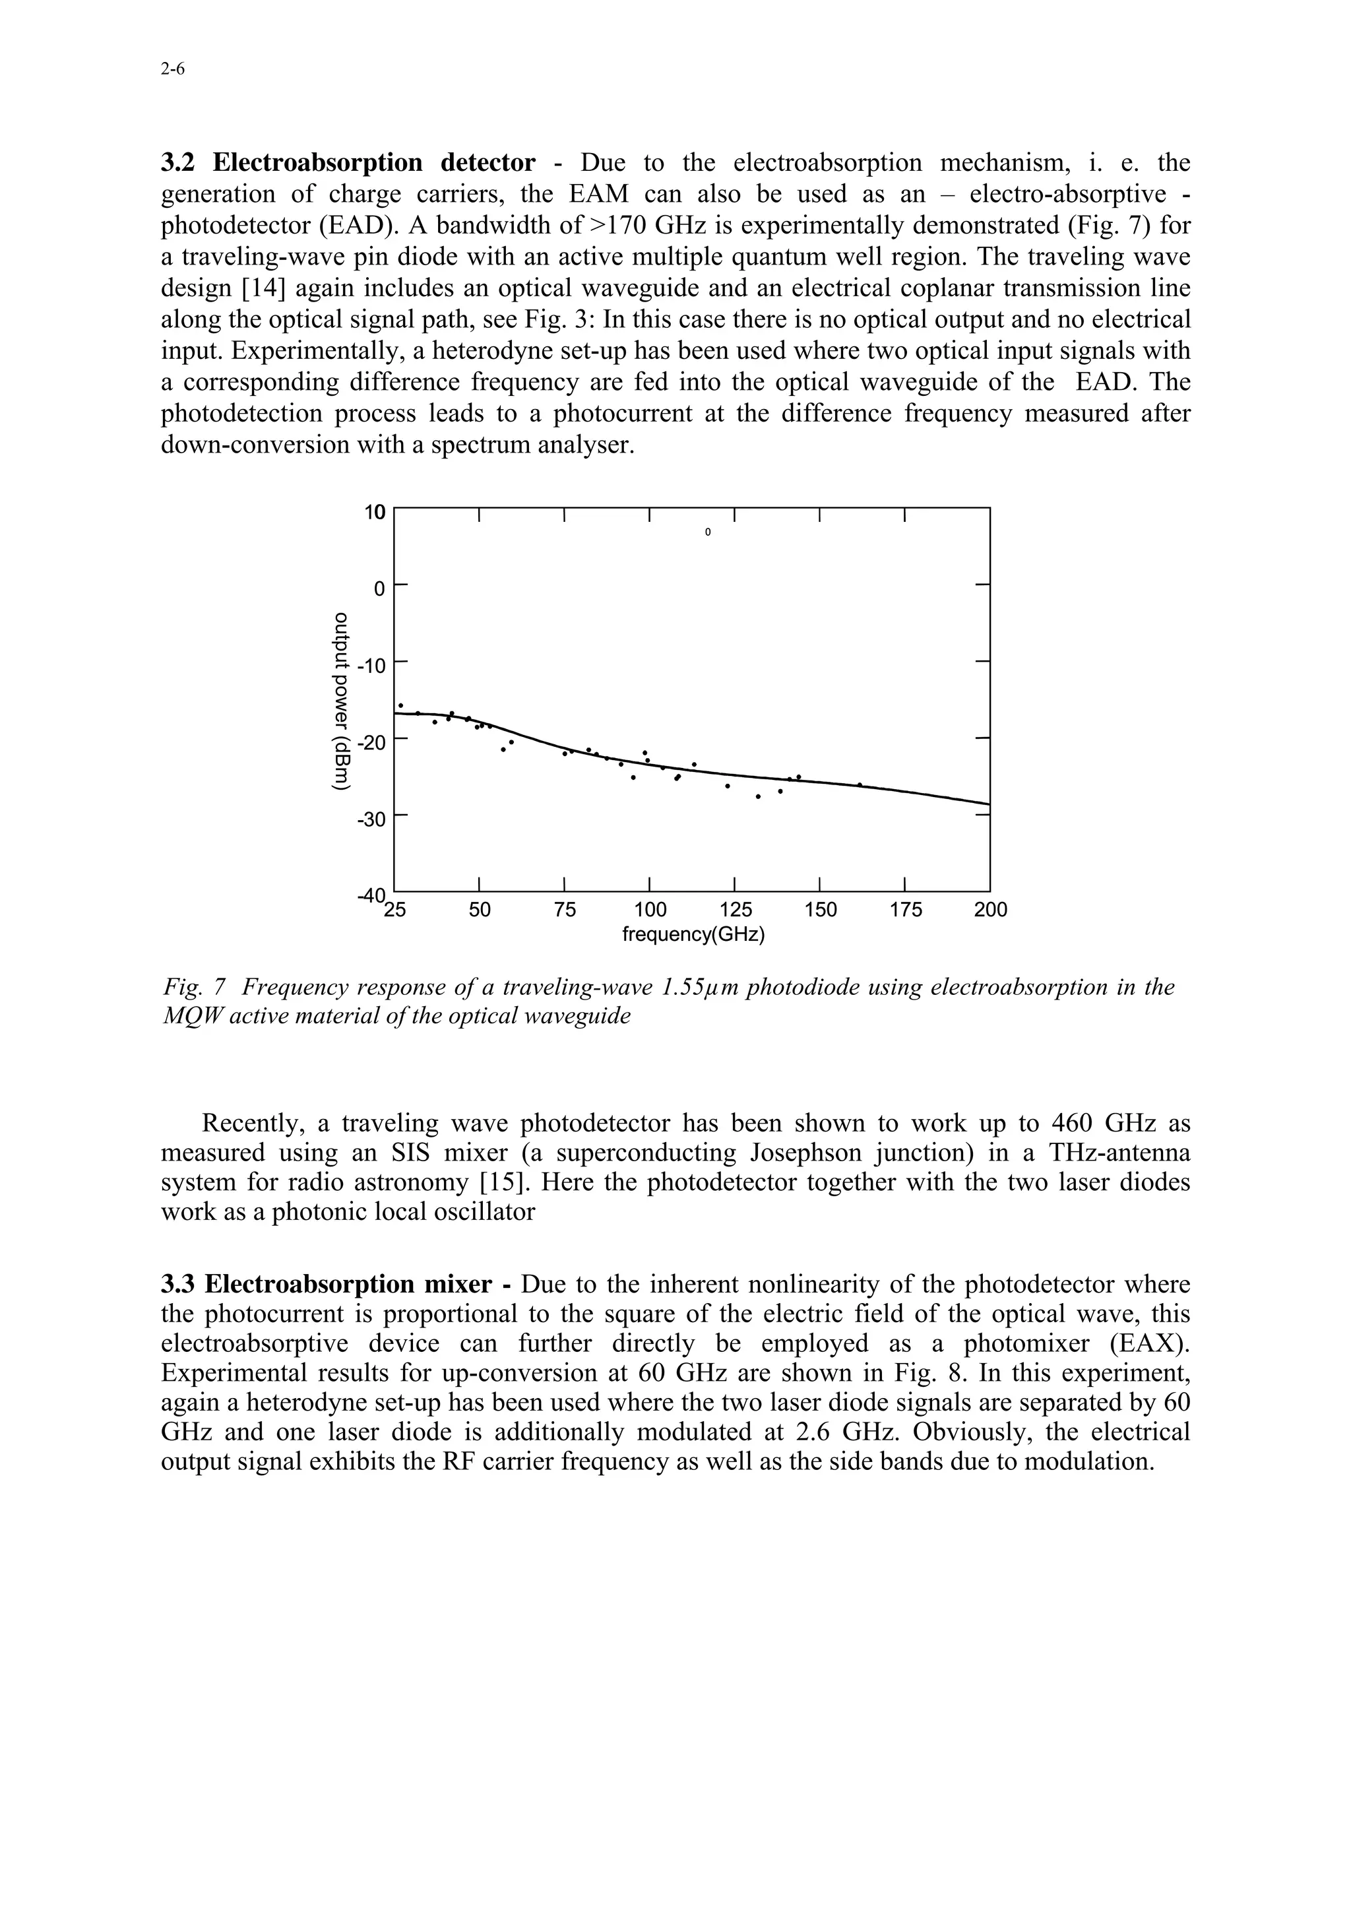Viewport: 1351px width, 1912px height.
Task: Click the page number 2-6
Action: [172, 70]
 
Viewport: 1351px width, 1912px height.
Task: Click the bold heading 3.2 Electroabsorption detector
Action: [348, 162]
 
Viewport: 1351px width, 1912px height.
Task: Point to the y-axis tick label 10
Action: [375, 512]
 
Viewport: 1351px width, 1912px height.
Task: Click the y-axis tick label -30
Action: [371, 819]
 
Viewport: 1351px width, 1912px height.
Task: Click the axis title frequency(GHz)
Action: [693, 934]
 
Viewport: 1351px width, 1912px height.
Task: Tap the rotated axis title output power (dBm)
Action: [340, 701]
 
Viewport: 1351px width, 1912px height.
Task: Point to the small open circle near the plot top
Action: [708, 531]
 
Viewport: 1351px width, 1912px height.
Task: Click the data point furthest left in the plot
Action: [401, 705]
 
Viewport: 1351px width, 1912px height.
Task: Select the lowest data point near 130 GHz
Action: [759, 796]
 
